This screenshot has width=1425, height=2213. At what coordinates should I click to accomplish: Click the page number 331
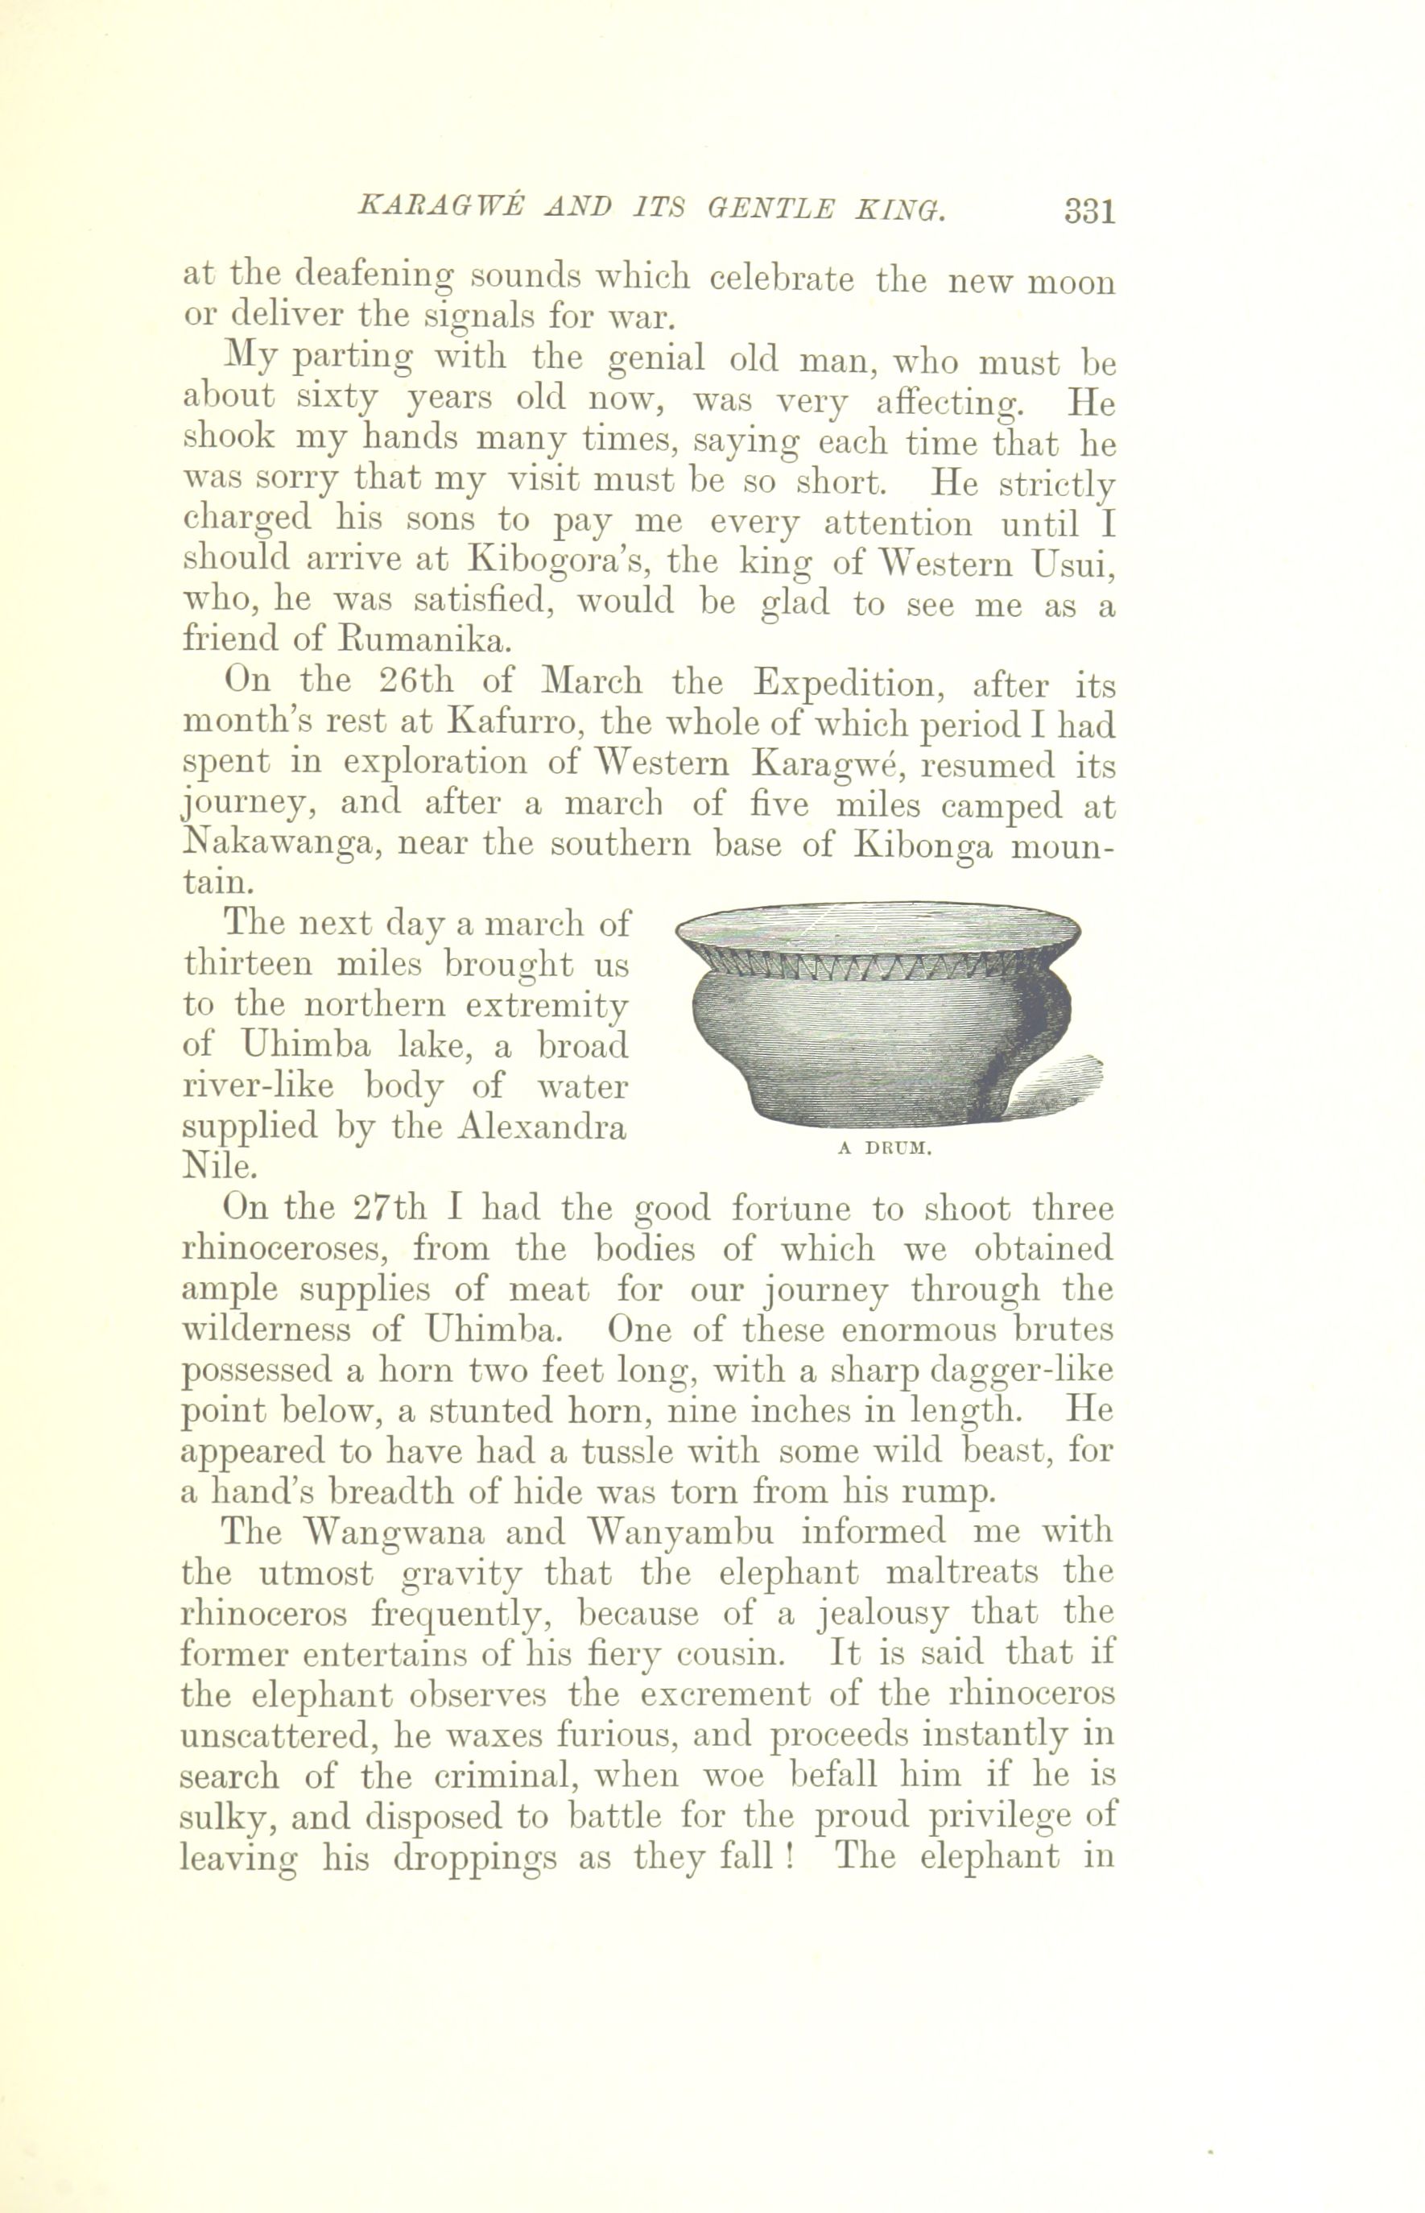pos(1090,212)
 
